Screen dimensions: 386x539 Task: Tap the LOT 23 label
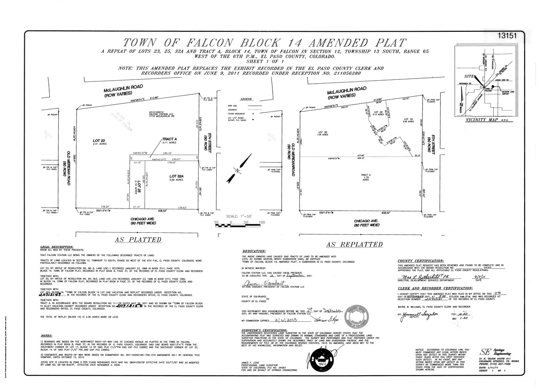[99, 140]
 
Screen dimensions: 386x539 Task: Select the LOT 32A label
[176, 176]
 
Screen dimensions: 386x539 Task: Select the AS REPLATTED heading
[354, 244]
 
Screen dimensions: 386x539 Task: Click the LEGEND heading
[246, 99]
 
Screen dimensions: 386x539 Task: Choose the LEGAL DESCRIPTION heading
[57, 247]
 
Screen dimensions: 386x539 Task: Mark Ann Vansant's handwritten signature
[259, 284]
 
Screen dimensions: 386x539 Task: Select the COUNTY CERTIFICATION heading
[420, 261]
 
